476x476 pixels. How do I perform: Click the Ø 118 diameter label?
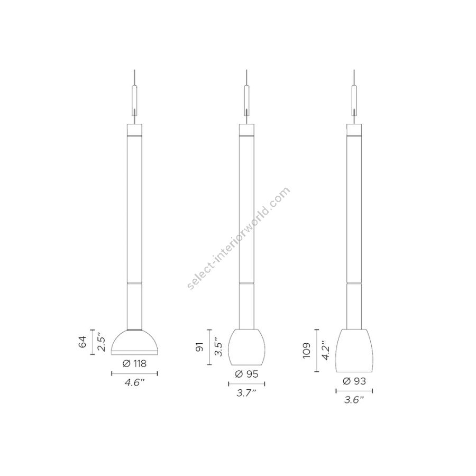tap(134, 363)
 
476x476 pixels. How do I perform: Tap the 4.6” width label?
tap(134, 382)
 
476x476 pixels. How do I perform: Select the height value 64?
tap(83, 342)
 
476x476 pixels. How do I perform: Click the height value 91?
tap(199, 346)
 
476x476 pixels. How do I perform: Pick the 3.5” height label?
tap(218, 347)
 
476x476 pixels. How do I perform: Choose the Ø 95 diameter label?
tap(246, 374)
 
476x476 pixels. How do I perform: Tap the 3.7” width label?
tap(246, 393)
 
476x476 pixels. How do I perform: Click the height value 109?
tap(307, 351)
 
